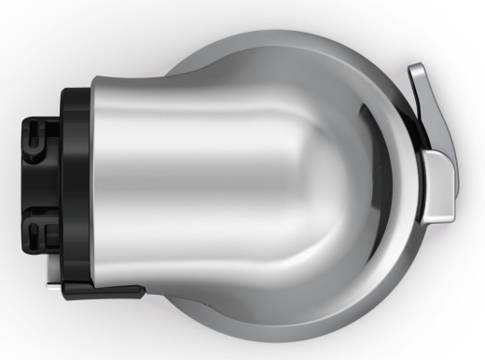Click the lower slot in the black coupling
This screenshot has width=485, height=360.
click(35, 228)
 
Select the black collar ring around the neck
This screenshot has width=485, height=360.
click(75, 187)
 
